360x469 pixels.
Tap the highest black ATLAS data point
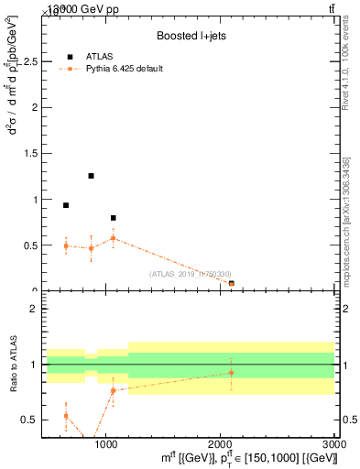(91, 176)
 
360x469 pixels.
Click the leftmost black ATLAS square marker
(66, 205)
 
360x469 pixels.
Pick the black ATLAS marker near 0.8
(113, 218)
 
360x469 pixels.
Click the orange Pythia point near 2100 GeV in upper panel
(231, 283)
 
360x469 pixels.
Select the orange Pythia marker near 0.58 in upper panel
(113, 238)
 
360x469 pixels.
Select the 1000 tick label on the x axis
(106, 443)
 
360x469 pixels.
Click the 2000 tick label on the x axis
(220, 443)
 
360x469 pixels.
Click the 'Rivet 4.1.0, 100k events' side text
(345, 69)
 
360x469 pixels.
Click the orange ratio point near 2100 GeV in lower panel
(231, 373)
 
